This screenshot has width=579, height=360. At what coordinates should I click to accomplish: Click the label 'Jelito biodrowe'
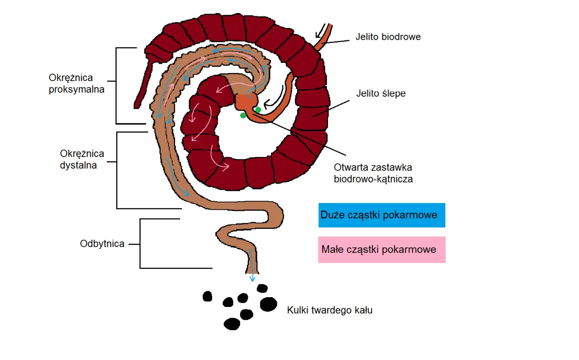coord(388,37)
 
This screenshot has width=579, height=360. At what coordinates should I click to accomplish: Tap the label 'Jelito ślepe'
coord(381,94)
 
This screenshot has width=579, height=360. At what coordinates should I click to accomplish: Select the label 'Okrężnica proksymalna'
coord(76,84)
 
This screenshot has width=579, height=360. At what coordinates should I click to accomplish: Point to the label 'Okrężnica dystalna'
coord(82,159)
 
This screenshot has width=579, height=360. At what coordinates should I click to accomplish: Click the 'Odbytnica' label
coord(102,244)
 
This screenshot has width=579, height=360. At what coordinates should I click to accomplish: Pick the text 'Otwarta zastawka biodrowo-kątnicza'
coord(373,173)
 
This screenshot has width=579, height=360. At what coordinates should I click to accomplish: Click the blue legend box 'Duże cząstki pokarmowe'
coord(381,215)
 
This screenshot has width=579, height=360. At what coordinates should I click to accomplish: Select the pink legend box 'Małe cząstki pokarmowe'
coord(381,249)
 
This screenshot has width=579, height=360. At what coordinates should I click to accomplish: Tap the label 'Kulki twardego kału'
coord(330,311)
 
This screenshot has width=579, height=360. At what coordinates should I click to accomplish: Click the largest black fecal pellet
coord(269,304)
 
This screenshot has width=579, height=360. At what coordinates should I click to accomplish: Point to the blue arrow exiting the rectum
coord(252,271)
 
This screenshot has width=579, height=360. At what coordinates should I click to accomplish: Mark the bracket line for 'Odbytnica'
coord(140,244)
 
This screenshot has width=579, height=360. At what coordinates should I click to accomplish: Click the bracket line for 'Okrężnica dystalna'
coord(117,171)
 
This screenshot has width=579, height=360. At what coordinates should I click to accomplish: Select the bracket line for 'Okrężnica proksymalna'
coord(116,85)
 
